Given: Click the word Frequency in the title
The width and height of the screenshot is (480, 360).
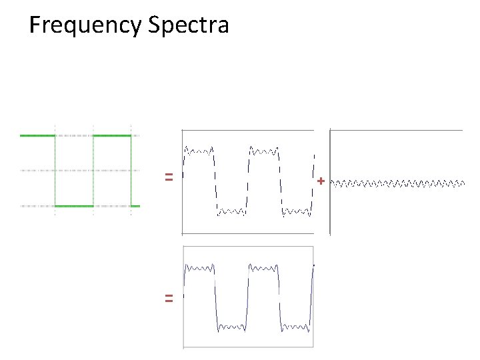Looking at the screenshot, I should coord(85,26).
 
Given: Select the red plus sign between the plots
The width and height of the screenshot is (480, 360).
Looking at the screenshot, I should coord(321,181).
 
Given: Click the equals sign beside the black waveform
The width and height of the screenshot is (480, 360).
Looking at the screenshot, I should coord(169,177).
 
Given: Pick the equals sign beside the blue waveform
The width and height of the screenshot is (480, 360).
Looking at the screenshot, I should coord(169,299).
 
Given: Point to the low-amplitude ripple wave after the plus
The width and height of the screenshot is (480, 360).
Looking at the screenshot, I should coord(398,181).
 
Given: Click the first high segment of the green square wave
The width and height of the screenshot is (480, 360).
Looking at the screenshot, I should coord(37,135).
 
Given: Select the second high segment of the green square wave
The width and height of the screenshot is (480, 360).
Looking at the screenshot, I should coord(112,135).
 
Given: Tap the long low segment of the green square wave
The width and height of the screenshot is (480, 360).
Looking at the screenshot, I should coord(74,207).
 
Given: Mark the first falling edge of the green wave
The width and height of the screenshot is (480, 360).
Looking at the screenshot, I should coord(55,171).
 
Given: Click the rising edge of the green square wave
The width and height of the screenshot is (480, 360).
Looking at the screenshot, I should coord(93,171).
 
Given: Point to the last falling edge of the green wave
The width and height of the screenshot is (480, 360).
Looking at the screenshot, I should coord(131,171).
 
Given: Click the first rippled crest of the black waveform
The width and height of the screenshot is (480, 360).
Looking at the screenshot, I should coord(199,151).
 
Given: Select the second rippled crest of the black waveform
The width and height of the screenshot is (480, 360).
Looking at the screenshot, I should coord(264,151).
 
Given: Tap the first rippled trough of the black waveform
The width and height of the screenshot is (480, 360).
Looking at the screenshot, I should coord(232,212).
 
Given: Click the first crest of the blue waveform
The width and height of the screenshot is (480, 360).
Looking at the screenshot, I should coord(199,268).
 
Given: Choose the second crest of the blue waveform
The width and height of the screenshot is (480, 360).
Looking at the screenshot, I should coord(264,268).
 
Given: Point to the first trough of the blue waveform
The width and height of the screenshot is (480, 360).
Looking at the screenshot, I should coord(232,327).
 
